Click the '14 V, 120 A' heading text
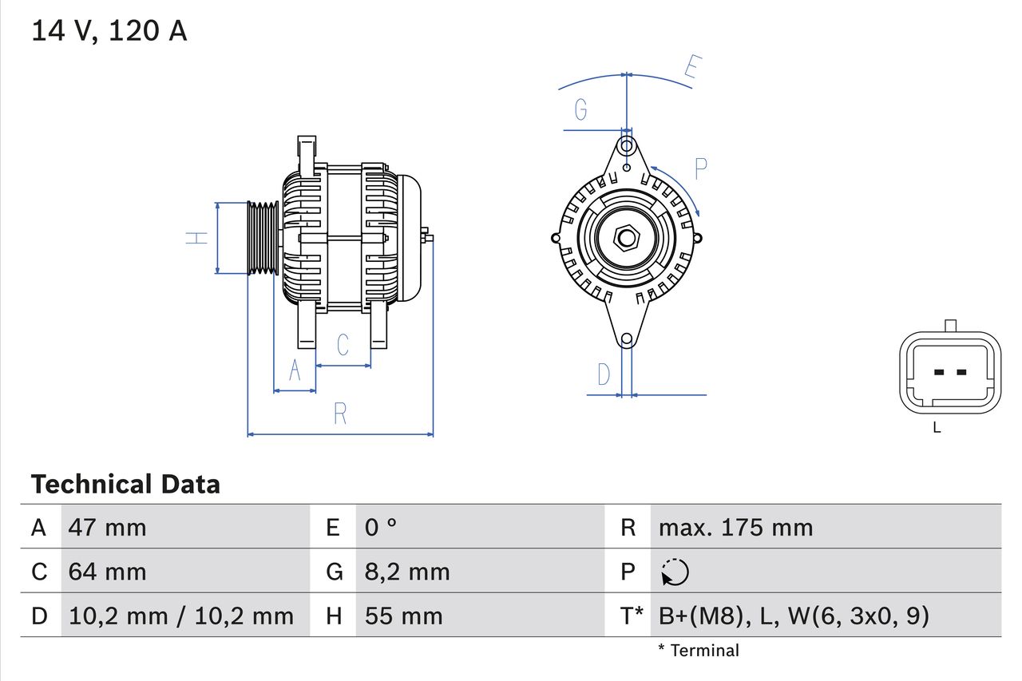pyautogui.click(x=109, y=30)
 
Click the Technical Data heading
pyautogui.click(x=125, y=484)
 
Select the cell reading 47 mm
pyautogui.click(x=107, y=527)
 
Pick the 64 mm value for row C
pyautogui.click(x=107, y=572)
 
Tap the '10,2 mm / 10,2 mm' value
pyautogui.click(x=181, y=616)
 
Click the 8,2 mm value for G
pyautogui.click(x=407, y=572)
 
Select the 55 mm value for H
pyautogui.click(x=403, y=616)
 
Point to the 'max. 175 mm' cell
pyautogui.click(x=735, y=527)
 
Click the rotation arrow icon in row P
pyautogui.click(x=675, y=572)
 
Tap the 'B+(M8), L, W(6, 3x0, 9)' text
pyautogui.click(x=794, y=616)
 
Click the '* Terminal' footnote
pyautogui.click(x=699, y=650)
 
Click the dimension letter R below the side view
pyautogui.click(x=340, y=414)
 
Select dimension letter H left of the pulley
pyautogui.click(x=196, y=237)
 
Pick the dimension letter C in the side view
pyautogui.click(x=343, y=344)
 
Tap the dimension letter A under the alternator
pyautogui.click(x=295, y=370)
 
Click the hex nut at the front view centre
pyautogui.click(x=627, y=237)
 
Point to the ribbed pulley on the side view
pyautogui.click(x=262, y=238)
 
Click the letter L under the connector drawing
pyautogui.click(x=937, y=428)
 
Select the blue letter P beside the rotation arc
pyautogui.click(x=700, y=169)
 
